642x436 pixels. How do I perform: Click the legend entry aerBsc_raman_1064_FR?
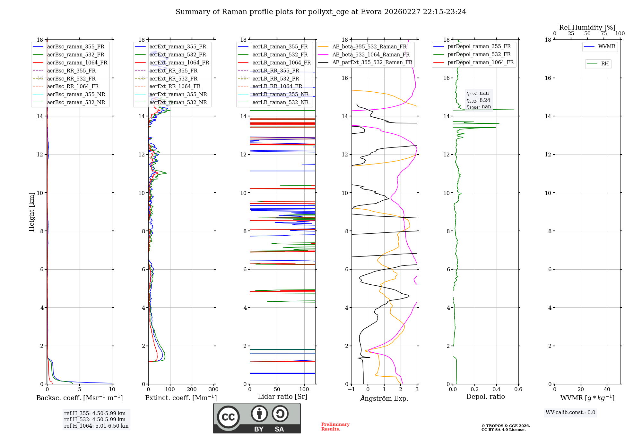(77, 63)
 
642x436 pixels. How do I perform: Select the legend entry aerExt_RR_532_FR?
(173, 79)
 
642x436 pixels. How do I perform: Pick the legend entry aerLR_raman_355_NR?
(280, 94)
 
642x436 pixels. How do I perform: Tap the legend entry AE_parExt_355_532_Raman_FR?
(372, 62)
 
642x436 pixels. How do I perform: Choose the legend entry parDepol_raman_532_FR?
(479, 54)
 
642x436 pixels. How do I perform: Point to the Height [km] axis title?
(31, 212)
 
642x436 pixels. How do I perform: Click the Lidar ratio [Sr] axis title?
(282, 397)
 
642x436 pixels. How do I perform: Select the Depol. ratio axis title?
(485, 397)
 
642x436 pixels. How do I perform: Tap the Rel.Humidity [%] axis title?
(587, 28)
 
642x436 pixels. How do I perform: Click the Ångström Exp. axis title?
(384, 398)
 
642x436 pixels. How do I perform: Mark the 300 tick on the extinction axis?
(213, 390)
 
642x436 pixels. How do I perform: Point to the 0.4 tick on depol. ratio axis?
(496, 390)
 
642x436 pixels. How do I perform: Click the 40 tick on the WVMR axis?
(607, 390)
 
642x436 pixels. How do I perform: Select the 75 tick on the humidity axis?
(603, 34)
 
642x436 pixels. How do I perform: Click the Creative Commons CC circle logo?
(228, 417)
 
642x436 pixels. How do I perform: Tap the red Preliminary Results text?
(335, 427)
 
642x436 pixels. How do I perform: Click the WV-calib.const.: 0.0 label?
(570, 413)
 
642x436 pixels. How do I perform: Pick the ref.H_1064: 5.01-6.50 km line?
(96, 426)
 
